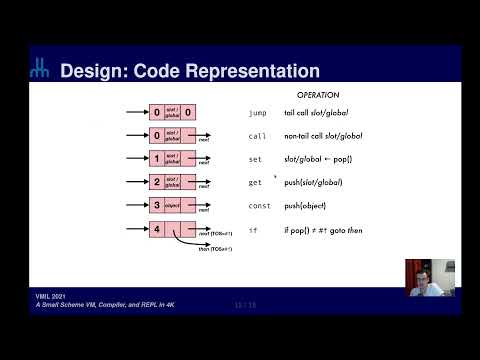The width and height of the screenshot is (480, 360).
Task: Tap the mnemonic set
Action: click(x=255, y=159)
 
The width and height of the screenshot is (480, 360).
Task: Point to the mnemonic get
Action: click(x=255, y=183)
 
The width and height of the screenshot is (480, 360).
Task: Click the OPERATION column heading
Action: click(x=319, y=95)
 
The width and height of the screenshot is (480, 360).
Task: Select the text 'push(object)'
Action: click(x=305, y=207)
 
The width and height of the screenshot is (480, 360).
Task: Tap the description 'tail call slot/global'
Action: click(x=315, y=114)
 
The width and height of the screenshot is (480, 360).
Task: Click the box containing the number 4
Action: click(x=156, y=231)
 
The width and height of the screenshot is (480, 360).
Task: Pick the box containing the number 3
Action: click(x=156, y=207)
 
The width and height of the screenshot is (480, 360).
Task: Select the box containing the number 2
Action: click(x=156, y=183)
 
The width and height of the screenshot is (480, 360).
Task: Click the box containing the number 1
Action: click(x=156, y=159)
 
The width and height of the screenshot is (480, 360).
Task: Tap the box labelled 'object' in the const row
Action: click(x=172, y=207)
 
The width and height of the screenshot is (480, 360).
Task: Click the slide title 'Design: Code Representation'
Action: click(x=190, y=71)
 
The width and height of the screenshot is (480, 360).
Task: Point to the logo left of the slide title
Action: click(x=39, y=69)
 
